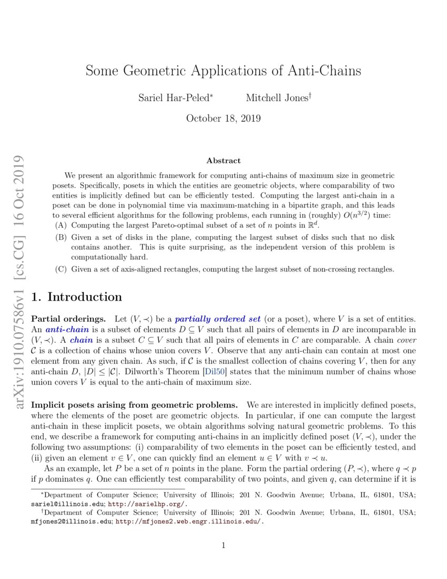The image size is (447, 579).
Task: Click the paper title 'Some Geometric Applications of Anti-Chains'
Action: tap(223, 71)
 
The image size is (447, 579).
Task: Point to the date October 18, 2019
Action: tap(223, 118)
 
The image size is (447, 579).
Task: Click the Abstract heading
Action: tap(223, 161)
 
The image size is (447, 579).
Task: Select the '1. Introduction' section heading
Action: tap(77, 297)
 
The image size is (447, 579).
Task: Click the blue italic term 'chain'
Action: tap(81, 341)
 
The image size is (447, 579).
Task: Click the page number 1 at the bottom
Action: tap(223, 545)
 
